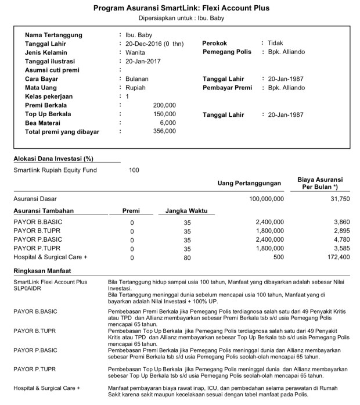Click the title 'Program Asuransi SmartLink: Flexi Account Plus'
181,8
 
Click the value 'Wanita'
135,52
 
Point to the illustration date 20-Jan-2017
143,61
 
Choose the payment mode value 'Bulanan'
137,78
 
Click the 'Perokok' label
214,44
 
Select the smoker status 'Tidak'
275,44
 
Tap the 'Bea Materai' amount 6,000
167,123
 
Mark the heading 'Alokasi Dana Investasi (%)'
53,158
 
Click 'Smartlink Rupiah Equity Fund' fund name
55,170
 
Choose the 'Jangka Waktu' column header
186,211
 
